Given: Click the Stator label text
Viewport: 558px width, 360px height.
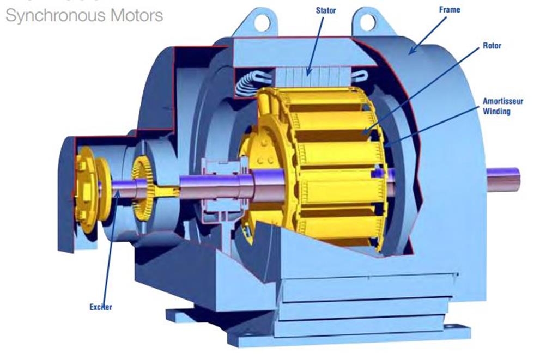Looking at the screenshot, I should (326, 10).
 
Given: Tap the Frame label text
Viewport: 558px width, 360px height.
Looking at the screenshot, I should (450, 9).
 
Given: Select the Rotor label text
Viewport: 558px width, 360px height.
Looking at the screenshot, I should (492, 46).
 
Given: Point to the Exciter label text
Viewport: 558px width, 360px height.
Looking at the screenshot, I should (100, 307).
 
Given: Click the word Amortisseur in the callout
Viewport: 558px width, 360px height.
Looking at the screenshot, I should (503, 101).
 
